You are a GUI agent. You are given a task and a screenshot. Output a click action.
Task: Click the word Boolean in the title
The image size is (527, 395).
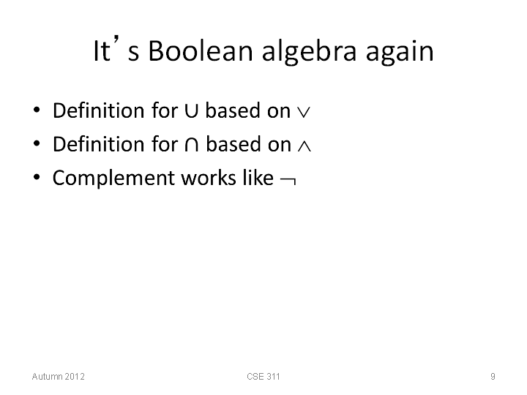(201, 51)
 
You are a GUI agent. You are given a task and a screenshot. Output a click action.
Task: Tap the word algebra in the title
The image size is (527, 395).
(309, 52)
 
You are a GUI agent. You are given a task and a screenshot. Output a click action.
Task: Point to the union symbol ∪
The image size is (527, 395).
(191, 110)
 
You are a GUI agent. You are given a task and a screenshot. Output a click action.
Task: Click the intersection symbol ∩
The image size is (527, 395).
(192, 144)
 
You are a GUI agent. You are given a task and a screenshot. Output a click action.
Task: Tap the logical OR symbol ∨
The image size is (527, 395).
(304, 113)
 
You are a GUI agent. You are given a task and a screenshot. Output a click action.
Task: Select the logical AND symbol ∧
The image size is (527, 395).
(304, 146)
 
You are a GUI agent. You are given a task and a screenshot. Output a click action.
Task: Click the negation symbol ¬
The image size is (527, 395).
(288, 181)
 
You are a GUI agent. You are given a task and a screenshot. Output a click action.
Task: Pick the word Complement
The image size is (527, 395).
(115, 178)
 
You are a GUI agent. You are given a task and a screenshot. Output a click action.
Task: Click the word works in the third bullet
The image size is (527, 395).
(209, 178)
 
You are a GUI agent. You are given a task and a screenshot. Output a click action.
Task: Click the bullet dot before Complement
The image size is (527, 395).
(37, 177)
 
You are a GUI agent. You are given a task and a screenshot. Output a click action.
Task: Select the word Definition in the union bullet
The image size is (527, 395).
(99, 110)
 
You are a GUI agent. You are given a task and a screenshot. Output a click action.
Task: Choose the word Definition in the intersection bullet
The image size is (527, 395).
(99, 144)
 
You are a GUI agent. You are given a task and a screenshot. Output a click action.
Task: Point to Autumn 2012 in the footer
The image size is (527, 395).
(58, 377)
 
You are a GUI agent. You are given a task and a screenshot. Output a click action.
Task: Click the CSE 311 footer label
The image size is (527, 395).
(263, 377)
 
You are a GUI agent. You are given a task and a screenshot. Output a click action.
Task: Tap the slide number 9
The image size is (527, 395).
(493, 377)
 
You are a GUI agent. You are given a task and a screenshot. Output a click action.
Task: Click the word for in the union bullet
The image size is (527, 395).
(165, 110)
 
